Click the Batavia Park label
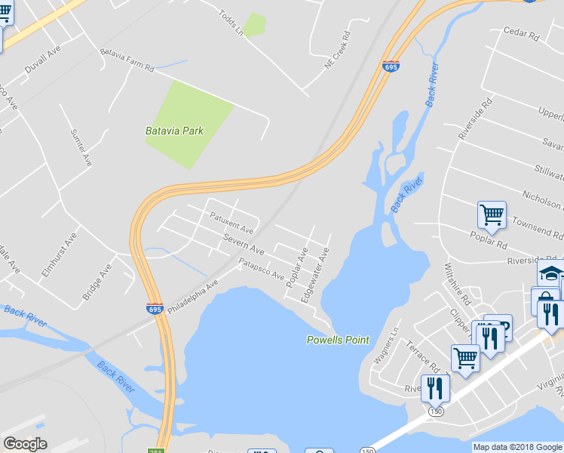pyautogui.click(x=174, y=131)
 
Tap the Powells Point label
pyautogui.click(x=338, y=340)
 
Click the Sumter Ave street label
pyautogui.click(x=81, y=147)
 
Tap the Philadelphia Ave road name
pyautogui.click(x=192, y=297)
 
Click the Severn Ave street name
pyautogui.click(x=244, y=244)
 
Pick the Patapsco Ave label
pyautogui.click(x=261, y=268)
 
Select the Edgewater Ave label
pyautogui.click(x=314, y=275)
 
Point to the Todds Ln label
pyautogui.click(x=231, y=23)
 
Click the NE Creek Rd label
pyautogui.click(x=339, y=51)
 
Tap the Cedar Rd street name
pyautogui.click(x=522, y=33)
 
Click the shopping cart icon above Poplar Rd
pyautogui.click(x=492, y=214)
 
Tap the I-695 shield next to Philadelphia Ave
pyautogui.click(x=154, y=309)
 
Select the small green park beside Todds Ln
pyautogui.click(x=254, y=25)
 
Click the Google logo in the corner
pyautogui.click(x=25, y=444)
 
